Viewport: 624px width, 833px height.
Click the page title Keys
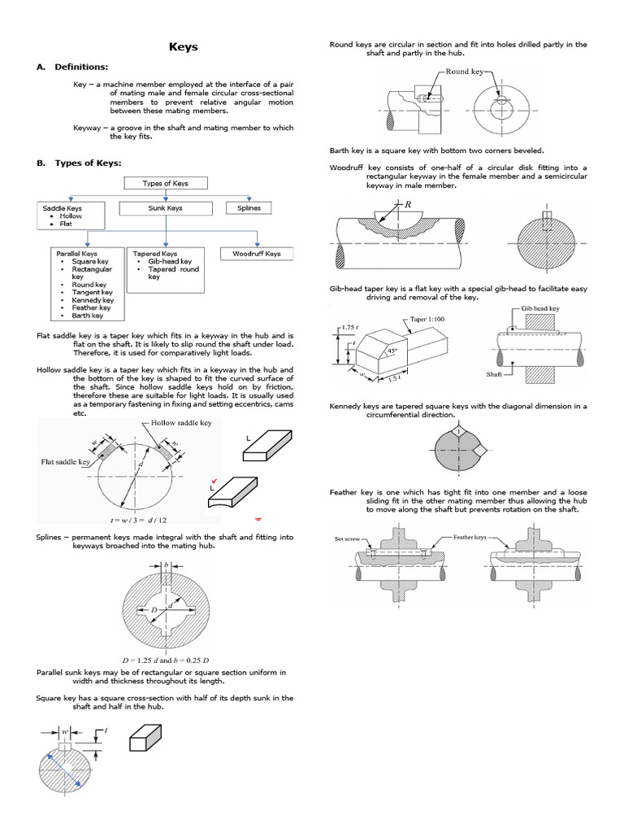(x=183, y=47)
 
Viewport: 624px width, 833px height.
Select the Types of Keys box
(x=165, y=184)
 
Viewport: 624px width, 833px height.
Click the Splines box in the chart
(x=249, y=208)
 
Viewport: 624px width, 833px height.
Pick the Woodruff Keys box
(x=256, y=254)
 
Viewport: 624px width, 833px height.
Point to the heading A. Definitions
(x=76, y=67)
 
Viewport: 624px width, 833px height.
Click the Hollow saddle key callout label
(x=181, y=423)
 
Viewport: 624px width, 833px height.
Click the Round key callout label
(x=465, y=72)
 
